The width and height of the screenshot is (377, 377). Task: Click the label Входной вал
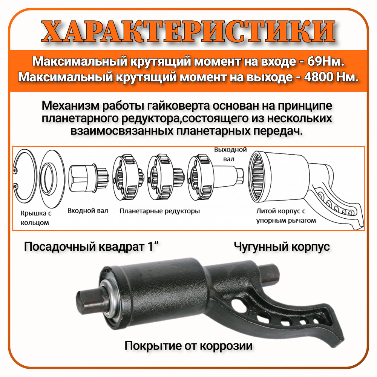coord(87,211)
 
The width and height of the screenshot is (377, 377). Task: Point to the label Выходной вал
coord(230,154)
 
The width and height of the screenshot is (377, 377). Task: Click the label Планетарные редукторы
coord(159,211)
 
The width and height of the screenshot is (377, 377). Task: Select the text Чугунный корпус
coord(282,247)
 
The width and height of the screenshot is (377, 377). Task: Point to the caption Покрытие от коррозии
coord(188,345)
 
